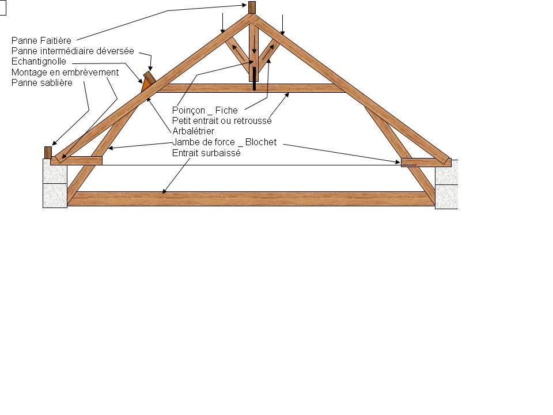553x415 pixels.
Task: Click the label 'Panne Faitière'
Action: pyautogui.click(x=41, y=41)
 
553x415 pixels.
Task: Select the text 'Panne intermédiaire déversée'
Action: pyautogui.click(x=73, y=51)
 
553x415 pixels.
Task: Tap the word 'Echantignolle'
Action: pyautogui.click(x=39, y=62)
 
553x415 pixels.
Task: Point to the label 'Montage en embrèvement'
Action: pyautogui.click(x=65, y=72)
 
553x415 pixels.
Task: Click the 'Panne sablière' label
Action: pyautogui.click(x=42, y=82)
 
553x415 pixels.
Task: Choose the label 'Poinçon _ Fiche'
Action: pyautogui.click(x=205, y=111)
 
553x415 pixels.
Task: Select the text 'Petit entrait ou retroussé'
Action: pyautogui.click(x=222, y=121)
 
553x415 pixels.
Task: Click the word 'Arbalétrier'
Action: pyautogui.click(x=193, y=131)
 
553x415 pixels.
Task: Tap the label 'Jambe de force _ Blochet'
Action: pyautogui.click(x=225, y=142)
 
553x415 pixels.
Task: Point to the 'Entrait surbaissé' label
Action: pyautogui.click(x=206, y=153)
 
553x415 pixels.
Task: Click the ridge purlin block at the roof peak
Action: pyautogui.click(x=252, y=8)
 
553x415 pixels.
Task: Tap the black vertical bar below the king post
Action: pyautogui.click(x=253, y=78)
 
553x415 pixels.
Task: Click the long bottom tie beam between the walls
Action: pyautogui.click(x=251, y=199)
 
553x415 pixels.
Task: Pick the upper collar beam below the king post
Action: pyautogui.click(x=245, y=88)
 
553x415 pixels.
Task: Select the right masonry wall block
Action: pyautogui.click(x=446, y=184)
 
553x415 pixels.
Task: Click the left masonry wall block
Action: pyautogui.click(x=55, y=183)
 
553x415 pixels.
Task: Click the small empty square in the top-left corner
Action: pyautogui.click(x=2, y=8)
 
